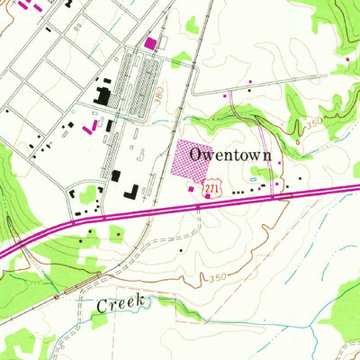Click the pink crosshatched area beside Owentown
click(x=195, y=161)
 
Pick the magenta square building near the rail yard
click(x=149, y=42)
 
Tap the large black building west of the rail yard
click(x=104, y=94)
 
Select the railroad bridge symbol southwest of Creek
click(x=56, y=296)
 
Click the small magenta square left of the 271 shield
click(x=191, y=189)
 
